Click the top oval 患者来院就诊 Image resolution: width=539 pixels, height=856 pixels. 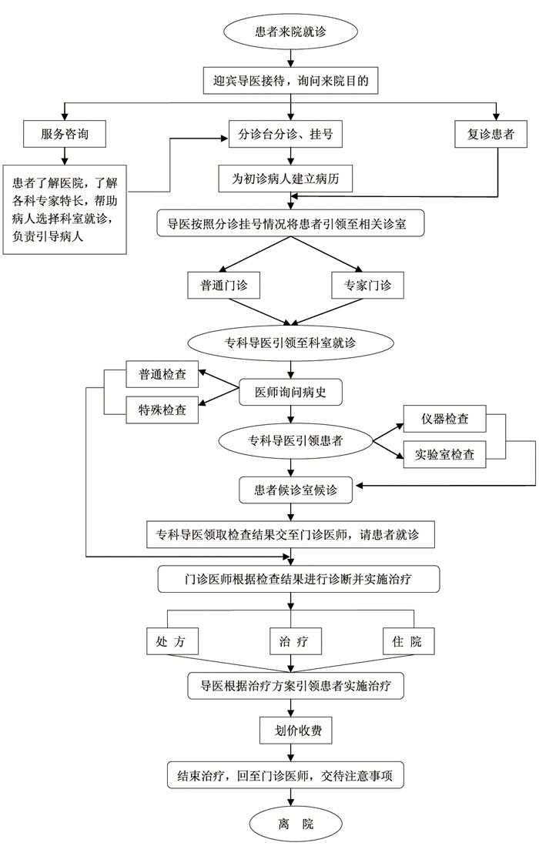[x=290, y=31]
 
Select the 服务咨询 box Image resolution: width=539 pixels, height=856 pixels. [x=65, y=134]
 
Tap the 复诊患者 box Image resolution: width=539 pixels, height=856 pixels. [x=490, y=134]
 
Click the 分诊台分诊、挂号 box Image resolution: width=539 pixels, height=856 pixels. [x=286, y=134]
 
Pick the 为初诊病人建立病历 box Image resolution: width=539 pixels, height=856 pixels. [x=286, y=179]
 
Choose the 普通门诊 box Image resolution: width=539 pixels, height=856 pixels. [x=223, y=285]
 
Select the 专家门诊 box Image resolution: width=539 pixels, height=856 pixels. [x=367, y=285]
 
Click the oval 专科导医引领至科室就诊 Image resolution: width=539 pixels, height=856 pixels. [x=290, y=343]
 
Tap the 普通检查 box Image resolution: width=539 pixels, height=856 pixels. [x=162, y=374]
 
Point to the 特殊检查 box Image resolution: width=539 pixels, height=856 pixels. [x=162, y=410]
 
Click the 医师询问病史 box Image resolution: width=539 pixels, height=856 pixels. [x=290, y=392]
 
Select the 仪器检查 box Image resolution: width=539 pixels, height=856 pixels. [x=444, y=419]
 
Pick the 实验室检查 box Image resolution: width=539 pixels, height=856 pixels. [x=444, y=454]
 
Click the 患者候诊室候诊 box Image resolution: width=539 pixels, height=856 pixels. [x=296, y=490]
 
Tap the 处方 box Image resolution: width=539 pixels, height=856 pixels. [x=172, y=641]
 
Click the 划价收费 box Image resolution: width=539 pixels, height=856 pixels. [x=296, y=731]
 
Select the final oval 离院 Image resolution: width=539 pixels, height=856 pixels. [x=296, y=824]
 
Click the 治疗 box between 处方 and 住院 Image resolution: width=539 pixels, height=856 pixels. [x=296, y=641]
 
